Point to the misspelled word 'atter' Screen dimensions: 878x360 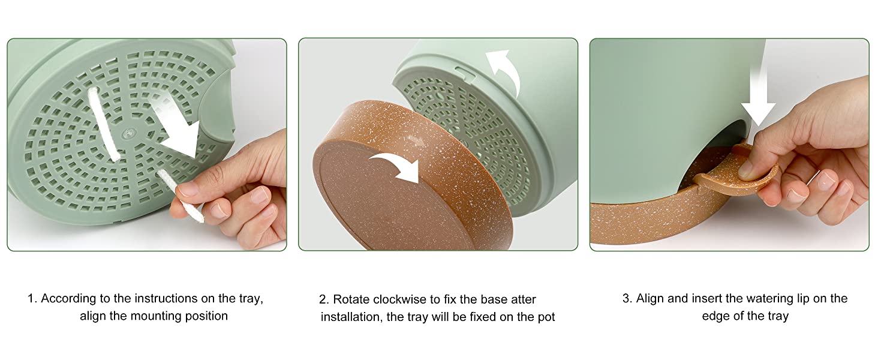click(524, 299)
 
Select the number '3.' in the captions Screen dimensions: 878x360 click(627, 298)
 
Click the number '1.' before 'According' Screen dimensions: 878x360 click(32, 298)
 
